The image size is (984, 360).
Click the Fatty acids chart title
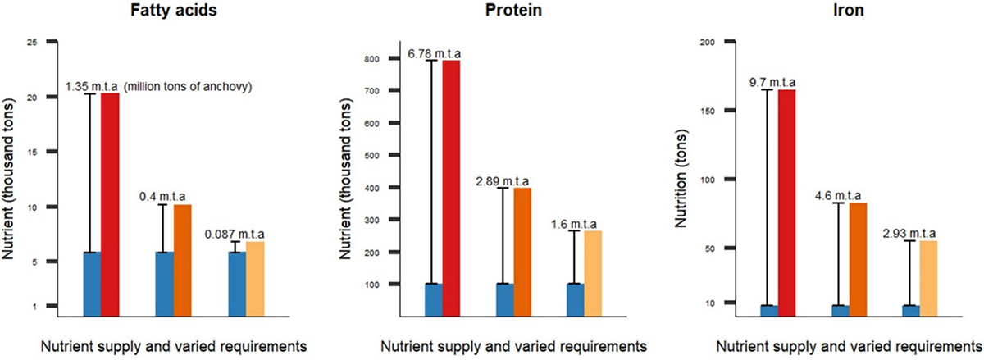pyautogui.click(x=169, y=14)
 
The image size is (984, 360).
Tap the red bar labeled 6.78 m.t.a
pyautogui.click(x=451, y=188)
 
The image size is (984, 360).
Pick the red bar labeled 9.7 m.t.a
pyautogui.click(x=787, y=202)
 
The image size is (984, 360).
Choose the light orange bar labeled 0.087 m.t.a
pyautogui.click(x=255, y=278)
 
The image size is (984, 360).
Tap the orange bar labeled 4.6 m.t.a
pyautogui.click(x=858, y=258)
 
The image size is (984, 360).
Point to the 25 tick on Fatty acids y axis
pyautogui.click(x=33, y=41)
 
